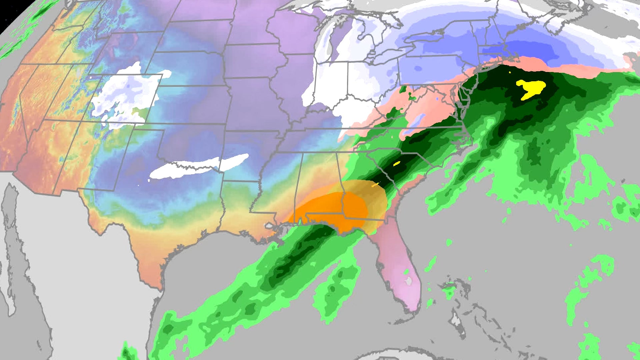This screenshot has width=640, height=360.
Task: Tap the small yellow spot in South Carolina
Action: tap(397, 164)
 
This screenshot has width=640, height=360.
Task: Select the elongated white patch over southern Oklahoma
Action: tap(200, 167)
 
